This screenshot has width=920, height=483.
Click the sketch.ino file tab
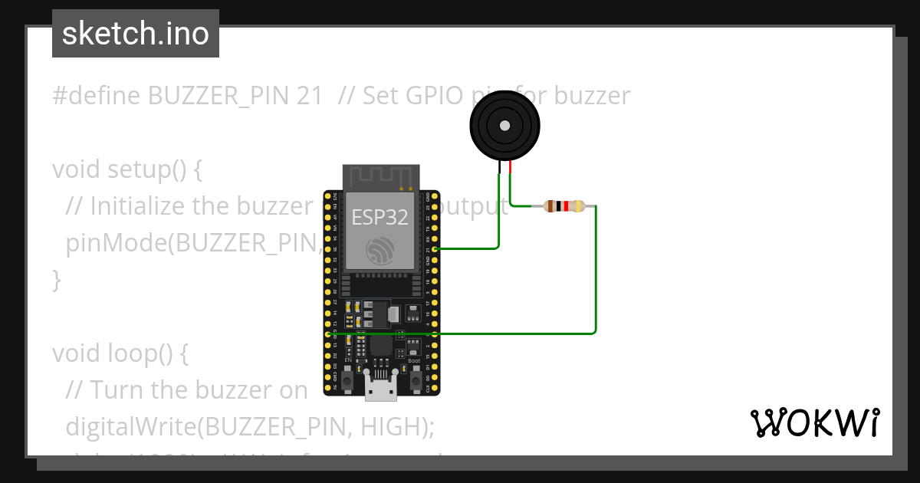[135, 34]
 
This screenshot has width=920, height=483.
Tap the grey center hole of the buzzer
[504, 126]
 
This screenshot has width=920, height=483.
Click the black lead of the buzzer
[499, 167]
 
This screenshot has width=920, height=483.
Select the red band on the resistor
[566, 206]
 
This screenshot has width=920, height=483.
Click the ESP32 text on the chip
[379, 217]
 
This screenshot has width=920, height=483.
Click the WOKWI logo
[814, 422]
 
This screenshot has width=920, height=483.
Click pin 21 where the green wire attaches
[435, 249]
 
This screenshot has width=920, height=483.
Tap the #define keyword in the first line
[97, 96]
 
